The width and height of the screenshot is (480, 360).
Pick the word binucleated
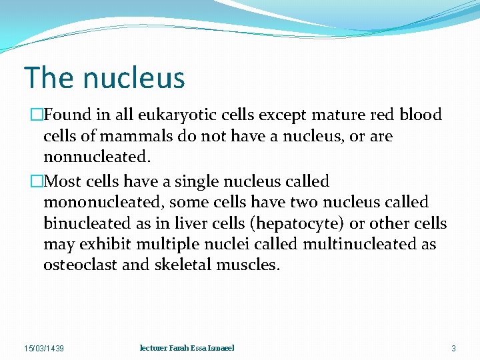click(x=82, y=223)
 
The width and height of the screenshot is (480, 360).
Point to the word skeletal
click(x=183, y=265)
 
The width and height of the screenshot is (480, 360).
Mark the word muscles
click(x=248, y=265)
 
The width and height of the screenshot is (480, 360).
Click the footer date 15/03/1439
click(x=44, y=349)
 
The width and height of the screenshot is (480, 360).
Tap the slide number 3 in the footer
click(x=453, y=349)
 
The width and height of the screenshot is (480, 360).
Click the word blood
click(x=421, y=115)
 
